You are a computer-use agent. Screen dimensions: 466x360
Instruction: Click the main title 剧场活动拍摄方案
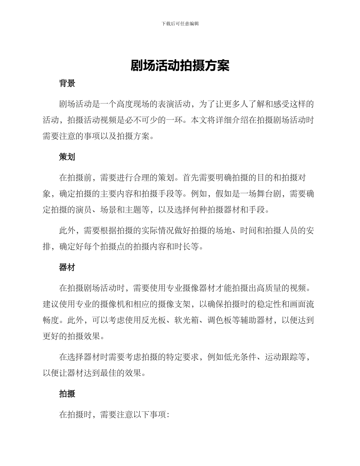(x=180, y=65)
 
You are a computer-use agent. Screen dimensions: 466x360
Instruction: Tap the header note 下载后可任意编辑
(x=180, y=23)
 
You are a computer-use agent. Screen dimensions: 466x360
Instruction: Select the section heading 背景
(x=67, y=84)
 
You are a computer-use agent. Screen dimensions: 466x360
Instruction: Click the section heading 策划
(x=67, y=157)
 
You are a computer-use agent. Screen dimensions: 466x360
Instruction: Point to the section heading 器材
(x=67, y=267)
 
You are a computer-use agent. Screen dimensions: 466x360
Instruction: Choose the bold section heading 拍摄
(x=67, y=394)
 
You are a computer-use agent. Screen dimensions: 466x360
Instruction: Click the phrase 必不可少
(x=149, y=120)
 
